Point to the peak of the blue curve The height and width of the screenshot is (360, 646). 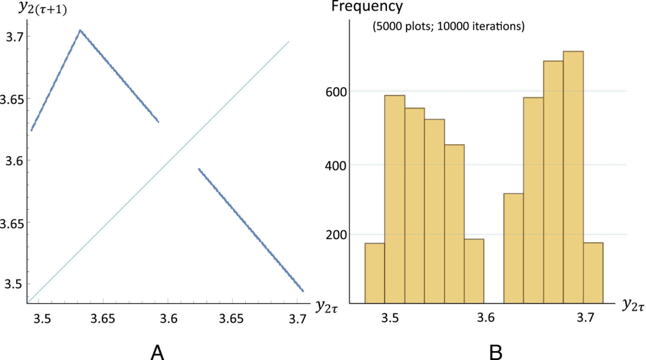pos(80,30)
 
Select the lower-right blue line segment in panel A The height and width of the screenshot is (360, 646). pos(251,230)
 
